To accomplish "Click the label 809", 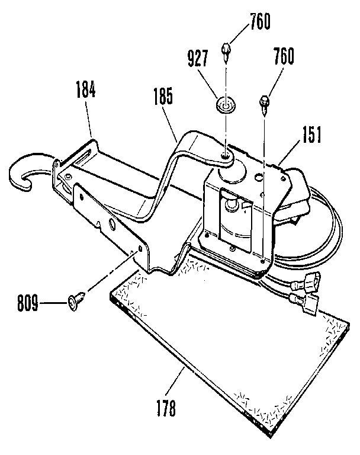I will click(x=26, y=305).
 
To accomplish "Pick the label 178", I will click(x=167, y=409).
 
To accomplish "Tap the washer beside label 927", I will click(x=223, y=105).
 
